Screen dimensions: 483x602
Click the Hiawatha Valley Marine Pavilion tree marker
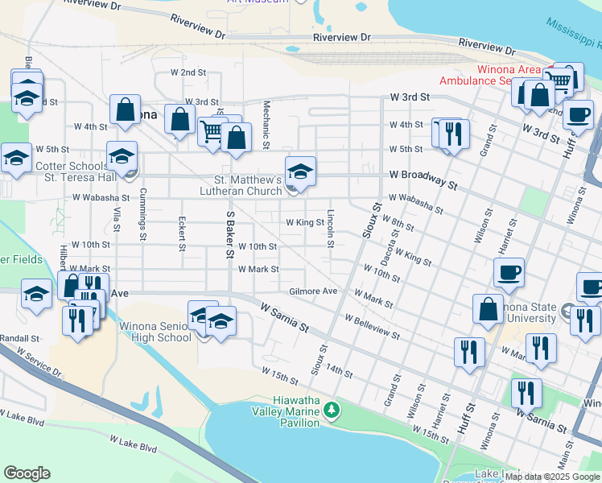331,411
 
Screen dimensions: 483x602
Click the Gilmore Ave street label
313,291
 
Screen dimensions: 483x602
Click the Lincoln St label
330,229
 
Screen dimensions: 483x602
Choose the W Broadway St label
423,179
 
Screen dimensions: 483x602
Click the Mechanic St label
265,125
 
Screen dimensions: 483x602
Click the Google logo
27,473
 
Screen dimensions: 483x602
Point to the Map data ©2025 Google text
553,477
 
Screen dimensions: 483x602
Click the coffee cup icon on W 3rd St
577,114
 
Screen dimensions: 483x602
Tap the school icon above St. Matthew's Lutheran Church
300,171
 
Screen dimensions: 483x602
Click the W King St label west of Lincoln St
304,222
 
